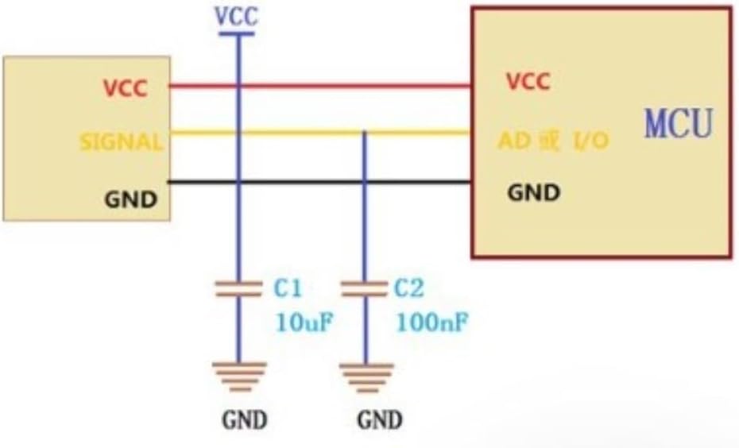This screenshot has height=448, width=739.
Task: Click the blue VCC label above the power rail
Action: (x=237, y=16)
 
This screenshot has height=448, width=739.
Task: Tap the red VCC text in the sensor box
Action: (x=126, y=88)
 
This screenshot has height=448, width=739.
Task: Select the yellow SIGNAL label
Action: (x=121, y=142)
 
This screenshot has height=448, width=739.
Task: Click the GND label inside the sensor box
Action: (x=130, y=199)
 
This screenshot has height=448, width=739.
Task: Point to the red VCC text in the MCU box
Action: (x=528, y=82)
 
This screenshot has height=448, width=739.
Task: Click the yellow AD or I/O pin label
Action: (x=554, y=141)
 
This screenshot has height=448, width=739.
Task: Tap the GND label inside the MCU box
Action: (x=534, y=192)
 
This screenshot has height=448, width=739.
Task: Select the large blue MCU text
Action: (x=679, y=123)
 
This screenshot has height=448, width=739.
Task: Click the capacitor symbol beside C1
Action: (x=238, y=289)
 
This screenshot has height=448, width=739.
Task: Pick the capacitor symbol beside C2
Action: (x=364, y=289)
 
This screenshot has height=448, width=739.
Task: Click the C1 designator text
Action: (x=288, y=288)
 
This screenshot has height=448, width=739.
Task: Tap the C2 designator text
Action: (x=409, y=288)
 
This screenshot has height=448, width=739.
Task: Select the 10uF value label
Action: (x=304, y=322)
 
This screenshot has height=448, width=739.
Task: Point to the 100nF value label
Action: (x=432, y=322)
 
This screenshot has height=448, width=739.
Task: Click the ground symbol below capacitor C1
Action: (x=239, y=377)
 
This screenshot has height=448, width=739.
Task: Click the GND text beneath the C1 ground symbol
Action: (x=245, y=419)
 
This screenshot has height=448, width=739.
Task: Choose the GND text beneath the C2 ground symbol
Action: (x=380, y=419)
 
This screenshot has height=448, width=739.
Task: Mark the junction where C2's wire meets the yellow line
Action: (x=364, y=133)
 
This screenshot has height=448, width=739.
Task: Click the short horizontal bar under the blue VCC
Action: (x=237, y=34)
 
